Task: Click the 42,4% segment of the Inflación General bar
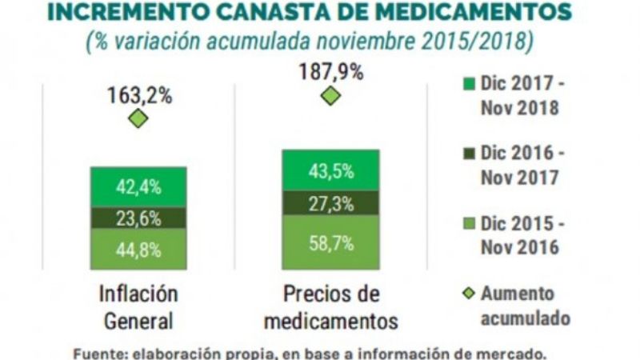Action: (138, 187)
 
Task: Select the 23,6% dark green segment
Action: (138, 218)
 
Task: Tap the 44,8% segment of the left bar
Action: (138, 249)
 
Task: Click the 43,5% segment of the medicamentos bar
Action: (330, 170)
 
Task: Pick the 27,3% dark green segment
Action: (330, 203)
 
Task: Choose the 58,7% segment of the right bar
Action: (330, 242)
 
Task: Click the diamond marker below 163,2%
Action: (138, 119)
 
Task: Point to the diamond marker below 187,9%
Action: (330, 96)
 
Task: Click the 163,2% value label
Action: (139, 95)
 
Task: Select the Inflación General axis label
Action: (138, 307)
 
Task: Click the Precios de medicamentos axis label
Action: (330, 307)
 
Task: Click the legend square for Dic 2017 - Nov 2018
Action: (469, 82)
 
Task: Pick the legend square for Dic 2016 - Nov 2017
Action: (469, 152)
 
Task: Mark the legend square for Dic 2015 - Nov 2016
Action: (469, 222)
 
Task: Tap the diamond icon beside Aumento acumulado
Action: (469, 294)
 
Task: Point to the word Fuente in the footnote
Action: (97, 353)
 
